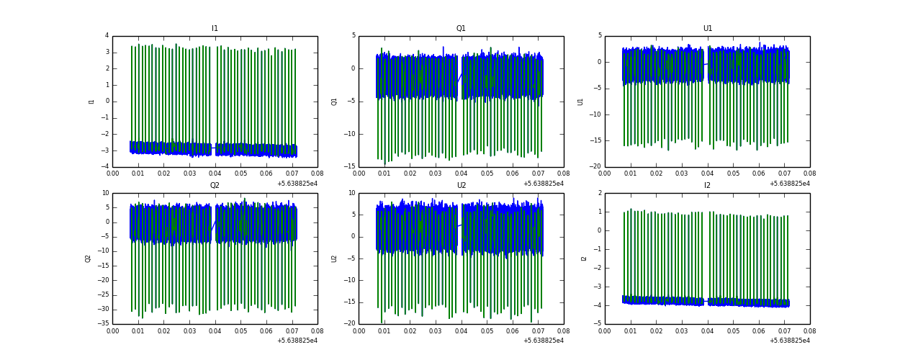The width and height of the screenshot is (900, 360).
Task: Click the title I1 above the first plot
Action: coord(215,29)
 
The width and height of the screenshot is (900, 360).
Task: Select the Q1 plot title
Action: coord(461,29)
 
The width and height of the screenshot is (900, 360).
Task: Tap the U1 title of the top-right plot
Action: coord(707,29)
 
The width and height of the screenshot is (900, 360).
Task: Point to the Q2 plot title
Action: coord(215,186)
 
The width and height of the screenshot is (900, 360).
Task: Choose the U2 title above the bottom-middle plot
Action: coord(461,186)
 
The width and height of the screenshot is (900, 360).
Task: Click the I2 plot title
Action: coord(707,186)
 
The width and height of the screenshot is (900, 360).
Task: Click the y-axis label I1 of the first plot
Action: coord(91,102)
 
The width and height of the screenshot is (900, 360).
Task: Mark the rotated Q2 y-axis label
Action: coord(88,258)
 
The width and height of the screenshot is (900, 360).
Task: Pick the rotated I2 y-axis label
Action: coord(584,258)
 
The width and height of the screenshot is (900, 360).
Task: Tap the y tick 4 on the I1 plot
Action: coord(107,36)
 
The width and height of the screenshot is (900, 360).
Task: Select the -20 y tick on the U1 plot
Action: coord(595,167)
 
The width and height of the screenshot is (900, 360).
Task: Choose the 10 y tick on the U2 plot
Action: coord(351,193)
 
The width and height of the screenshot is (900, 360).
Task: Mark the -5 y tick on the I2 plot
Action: coord(598,324)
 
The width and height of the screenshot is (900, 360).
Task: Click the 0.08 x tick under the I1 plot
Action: coord(318,174)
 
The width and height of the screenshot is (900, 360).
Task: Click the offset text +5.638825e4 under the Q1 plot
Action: coord(544,184)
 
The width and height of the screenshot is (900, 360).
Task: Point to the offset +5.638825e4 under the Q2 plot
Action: coord(297,341)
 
